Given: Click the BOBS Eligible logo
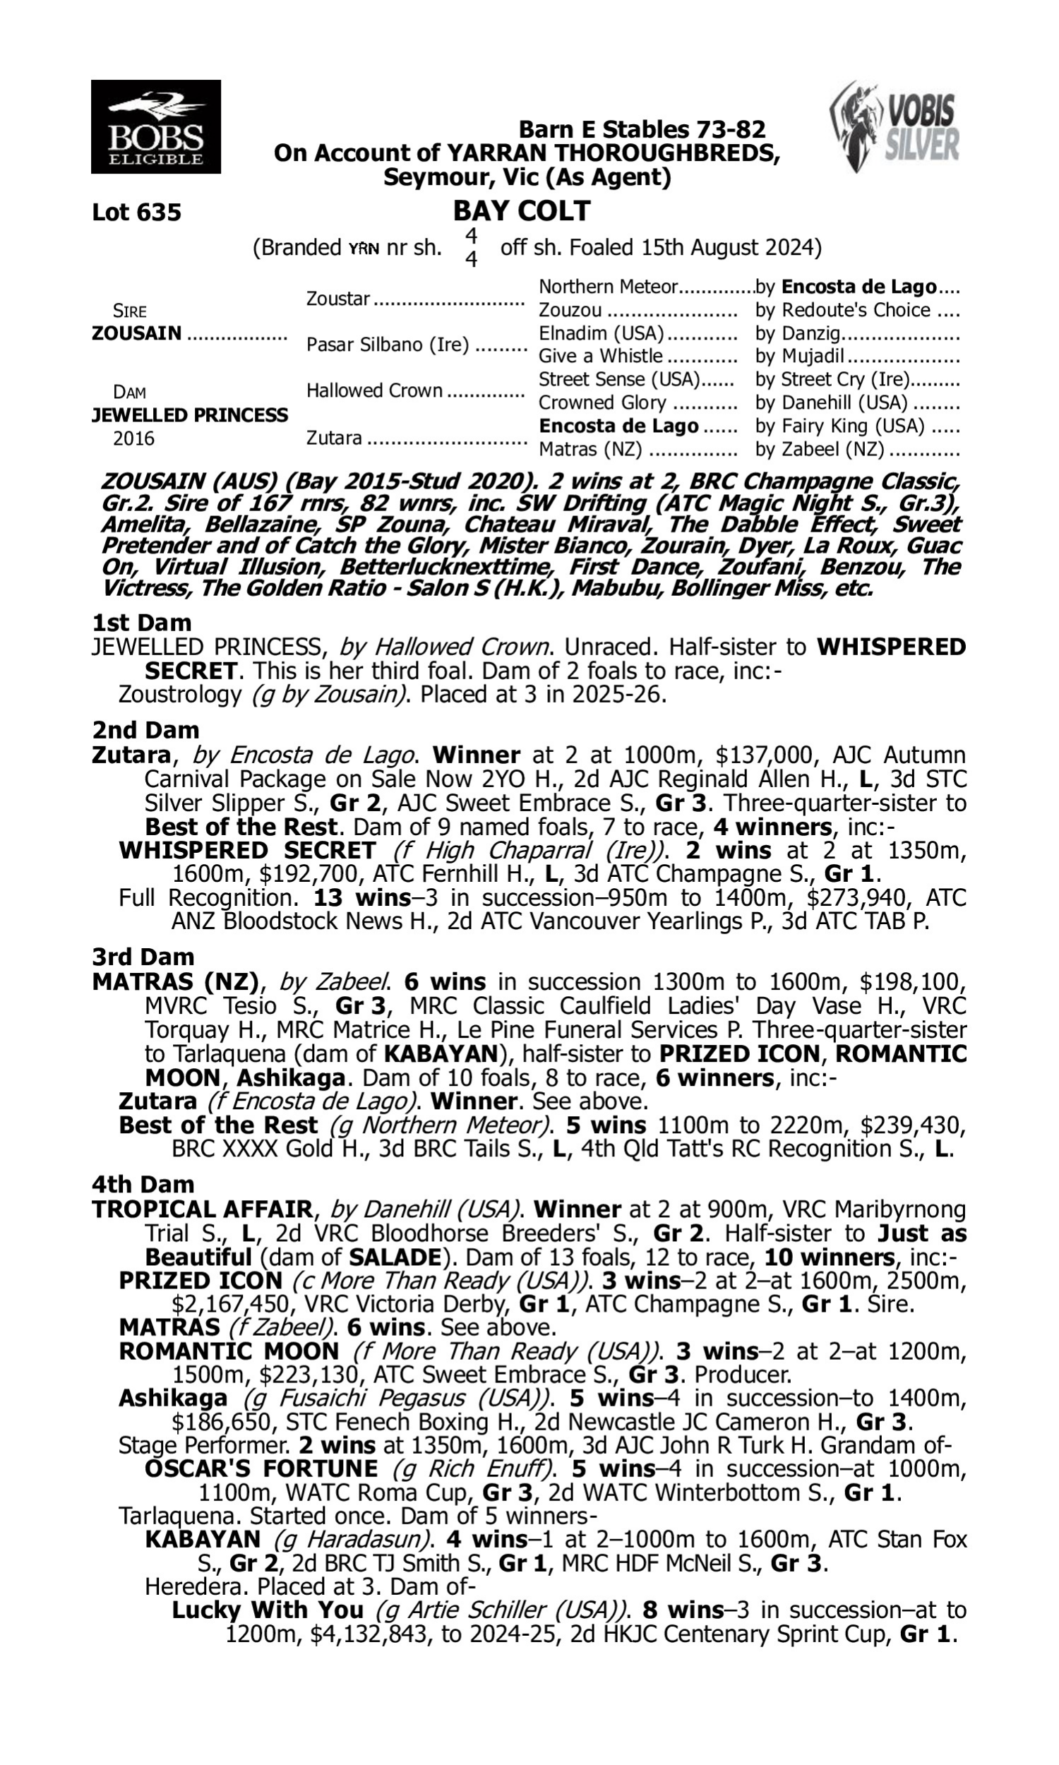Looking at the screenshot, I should coord(155,126).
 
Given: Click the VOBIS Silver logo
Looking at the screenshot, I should coord(895,126).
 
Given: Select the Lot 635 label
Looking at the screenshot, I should coord(136,213).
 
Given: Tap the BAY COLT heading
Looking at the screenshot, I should coord(522,211).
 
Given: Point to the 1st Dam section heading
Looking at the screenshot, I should coord(141,623).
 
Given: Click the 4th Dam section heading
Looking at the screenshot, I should coord(143,1184).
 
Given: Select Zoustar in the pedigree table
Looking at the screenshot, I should coord(338,298).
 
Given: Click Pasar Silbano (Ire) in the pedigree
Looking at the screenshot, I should coord(388,345).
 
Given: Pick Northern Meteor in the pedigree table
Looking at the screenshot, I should coord(607,287).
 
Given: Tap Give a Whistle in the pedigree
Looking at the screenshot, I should coord(600,356).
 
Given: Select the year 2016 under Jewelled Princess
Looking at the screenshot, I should coord(133,438).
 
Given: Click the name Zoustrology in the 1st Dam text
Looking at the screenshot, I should coord(180,694).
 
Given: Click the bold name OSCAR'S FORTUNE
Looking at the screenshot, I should coord(261,1469).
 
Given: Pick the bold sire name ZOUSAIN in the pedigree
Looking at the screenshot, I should coord(136,333).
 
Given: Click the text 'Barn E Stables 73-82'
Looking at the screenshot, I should coord(642,129).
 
